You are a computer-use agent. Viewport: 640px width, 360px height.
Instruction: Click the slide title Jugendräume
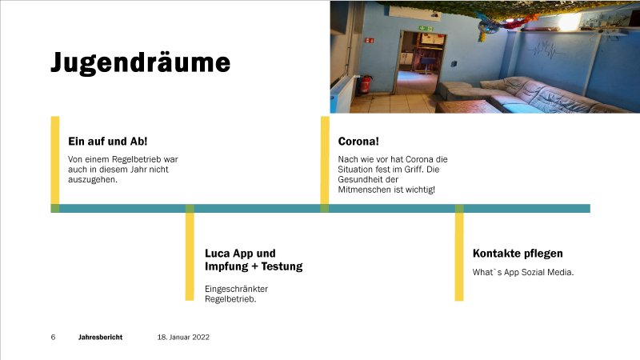point(141,63)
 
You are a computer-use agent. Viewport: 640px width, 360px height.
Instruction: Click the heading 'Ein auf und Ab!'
point(108,142)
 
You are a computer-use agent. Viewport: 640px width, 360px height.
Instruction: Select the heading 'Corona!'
point(358,142)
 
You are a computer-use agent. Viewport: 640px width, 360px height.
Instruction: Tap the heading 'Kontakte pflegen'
point(518,254)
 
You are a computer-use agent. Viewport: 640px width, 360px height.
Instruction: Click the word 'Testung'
point(282,266)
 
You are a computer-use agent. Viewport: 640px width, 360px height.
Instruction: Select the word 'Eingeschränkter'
point(236,289)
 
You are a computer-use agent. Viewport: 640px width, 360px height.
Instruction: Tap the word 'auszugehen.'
point(93,179)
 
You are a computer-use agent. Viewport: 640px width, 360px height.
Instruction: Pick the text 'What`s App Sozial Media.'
point(523,272)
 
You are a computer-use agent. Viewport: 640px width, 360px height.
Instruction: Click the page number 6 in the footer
point(53,337)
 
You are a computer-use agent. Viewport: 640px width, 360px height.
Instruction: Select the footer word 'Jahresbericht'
point(101,337)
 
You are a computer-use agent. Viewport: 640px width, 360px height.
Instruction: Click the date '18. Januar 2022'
point(183,337)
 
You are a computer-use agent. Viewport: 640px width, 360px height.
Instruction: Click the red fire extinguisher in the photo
point(365,84)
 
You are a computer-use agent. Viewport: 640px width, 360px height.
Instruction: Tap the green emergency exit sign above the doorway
point(426,29)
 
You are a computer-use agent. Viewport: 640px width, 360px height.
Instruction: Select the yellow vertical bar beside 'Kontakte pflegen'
point(459,253)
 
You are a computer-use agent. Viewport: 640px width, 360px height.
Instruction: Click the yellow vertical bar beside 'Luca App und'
point(190,253)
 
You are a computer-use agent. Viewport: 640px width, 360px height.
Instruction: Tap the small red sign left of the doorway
point(370,41)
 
